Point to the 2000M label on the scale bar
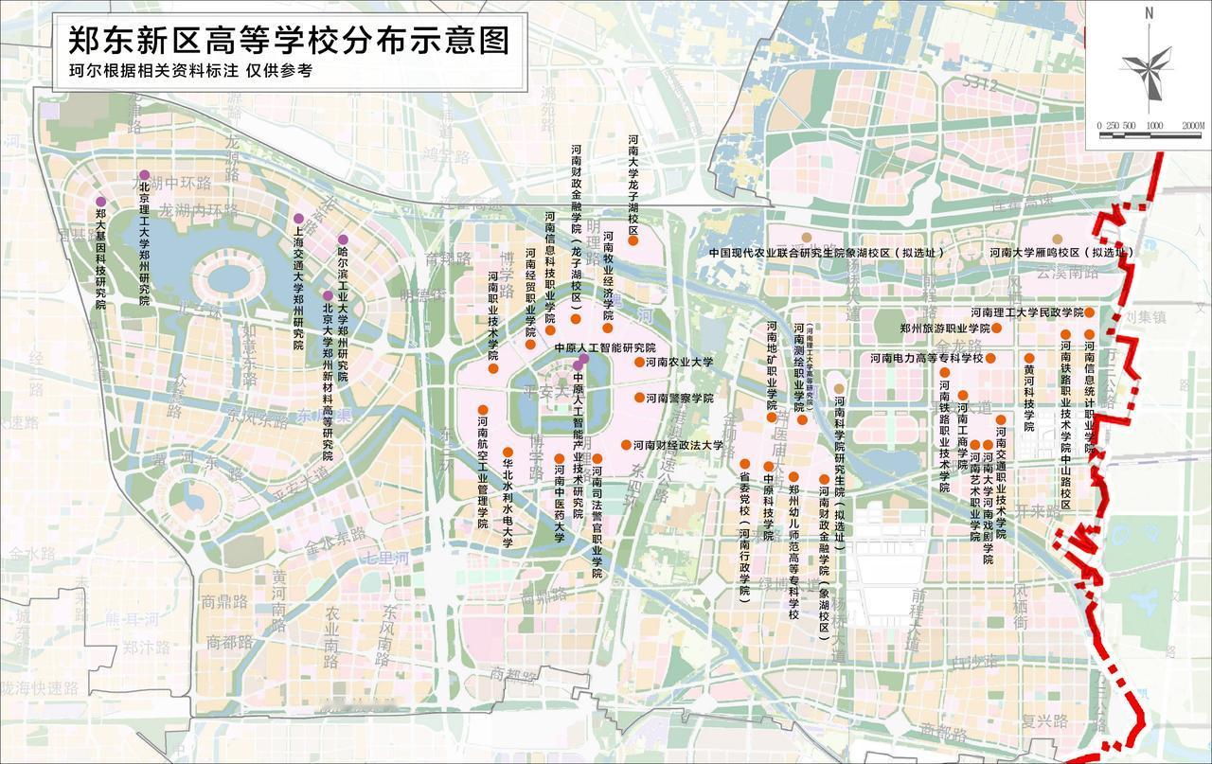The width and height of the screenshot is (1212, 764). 1191,126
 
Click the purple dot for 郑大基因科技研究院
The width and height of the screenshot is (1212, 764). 100,202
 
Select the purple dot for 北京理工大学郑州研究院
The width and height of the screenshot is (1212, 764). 144,175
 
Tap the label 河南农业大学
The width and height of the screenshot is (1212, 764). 680,362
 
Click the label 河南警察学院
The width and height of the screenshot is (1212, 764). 680,398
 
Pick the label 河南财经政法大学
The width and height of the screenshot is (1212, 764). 678,445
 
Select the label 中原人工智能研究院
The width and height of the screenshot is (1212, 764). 604,348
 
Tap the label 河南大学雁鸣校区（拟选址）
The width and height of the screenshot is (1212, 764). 1061,254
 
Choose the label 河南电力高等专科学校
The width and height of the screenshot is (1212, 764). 927,359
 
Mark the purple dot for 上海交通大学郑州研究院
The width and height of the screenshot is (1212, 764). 297,219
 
